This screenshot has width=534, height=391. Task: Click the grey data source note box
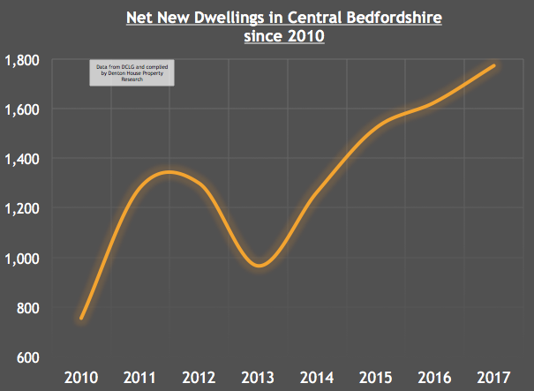coord(132,72)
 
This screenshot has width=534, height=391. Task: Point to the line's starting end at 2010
coord(81,318)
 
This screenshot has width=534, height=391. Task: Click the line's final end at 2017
coord(494,66)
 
